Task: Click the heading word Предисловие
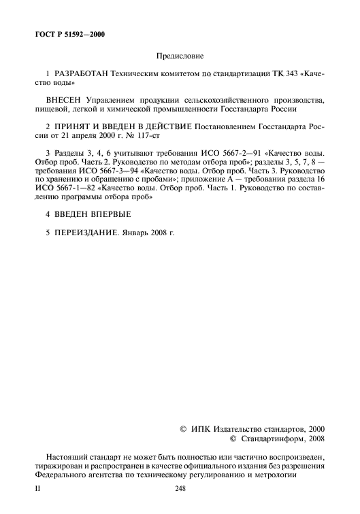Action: (x=180, y=56)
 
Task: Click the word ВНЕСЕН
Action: (x=65, y=100)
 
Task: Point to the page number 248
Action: (x=180, y=489)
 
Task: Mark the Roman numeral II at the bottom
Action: (x=37, y=489)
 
